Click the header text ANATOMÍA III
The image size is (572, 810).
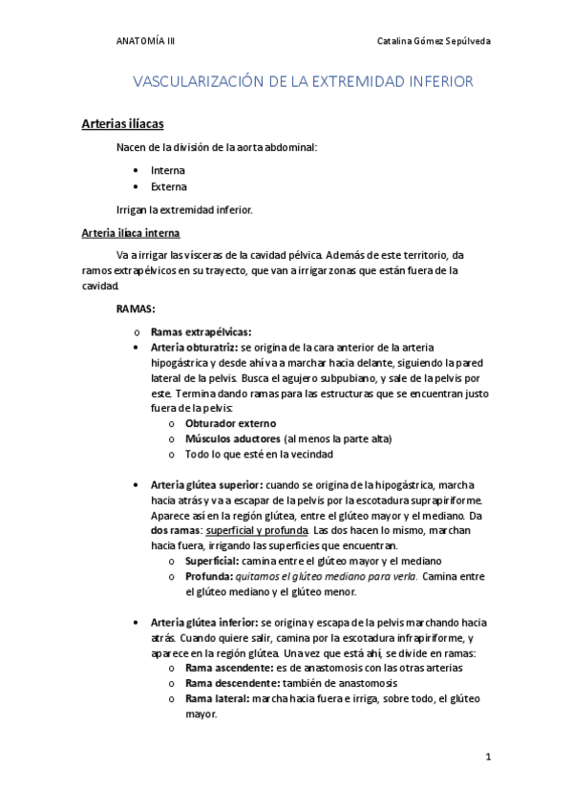[145, 42]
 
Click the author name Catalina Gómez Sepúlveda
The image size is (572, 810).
[434, 42]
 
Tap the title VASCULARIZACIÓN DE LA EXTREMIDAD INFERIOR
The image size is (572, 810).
[303, 82]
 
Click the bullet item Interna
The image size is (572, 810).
[168, 170]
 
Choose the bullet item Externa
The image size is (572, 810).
[169, 187]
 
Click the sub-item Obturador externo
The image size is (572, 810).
[230, 422]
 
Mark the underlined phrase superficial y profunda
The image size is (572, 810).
[256, 529]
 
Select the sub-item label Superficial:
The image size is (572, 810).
[211, 561]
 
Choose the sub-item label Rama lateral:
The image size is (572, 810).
[216, 698]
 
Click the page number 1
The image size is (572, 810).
[487, 757]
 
